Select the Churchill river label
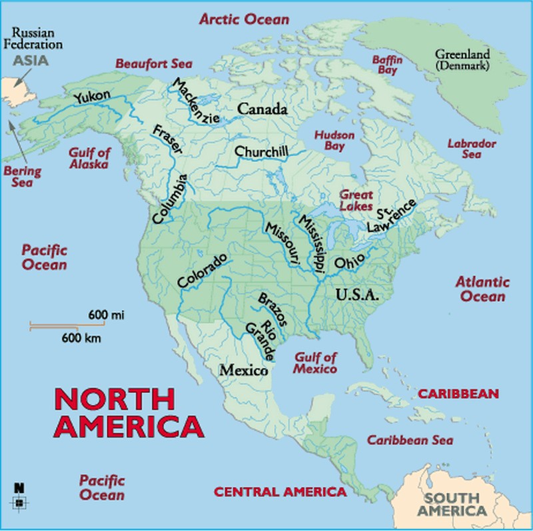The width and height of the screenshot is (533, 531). click(261, 152)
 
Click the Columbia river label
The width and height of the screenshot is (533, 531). click(170, 199)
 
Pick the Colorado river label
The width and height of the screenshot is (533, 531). click(203, 270)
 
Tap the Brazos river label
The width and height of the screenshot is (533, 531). click(272, 308)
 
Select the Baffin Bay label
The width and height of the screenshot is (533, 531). click(388, 64)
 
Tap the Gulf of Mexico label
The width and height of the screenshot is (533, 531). click(316, 363)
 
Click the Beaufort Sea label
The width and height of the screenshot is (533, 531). click(154, 64)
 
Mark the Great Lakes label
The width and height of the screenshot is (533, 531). click(356, 201)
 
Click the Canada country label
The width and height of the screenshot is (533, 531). click(262, 109)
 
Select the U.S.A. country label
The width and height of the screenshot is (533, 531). click(356, 294)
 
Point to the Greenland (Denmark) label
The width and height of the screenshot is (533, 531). click(462, 60)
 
